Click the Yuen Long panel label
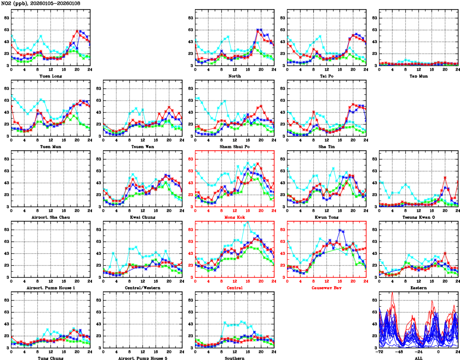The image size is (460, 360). click(x=50, y=76)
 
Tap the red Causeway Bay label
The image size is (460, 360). click(x=326, y=288)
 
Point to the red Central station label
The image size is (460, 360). click(x=234, y=288)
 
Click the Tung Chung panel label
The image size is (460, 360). click(x=50, y=358)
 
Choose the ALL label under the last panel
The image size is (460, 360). click(x=418, y=358)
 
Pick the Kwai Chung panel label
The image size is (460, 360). click(x=142, y=217)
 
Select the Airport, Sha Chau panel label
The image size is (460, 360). click(x=50, y=217)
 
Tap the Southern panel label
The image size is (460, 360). click(x=234, y=358)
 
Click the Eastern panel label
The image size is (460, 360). click(x=418, y=288)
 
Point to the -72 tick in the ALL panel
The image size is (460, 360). click(x=379, y=351)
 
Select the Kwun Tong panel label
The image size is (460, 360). click(x=326, y=217)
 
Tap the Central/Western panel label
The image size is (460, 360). click(x=142, y=288)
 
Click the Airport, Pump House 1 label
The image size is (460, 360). click(x=50, y=288)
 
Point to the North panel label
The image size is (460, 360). click(x=234, y=76)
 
